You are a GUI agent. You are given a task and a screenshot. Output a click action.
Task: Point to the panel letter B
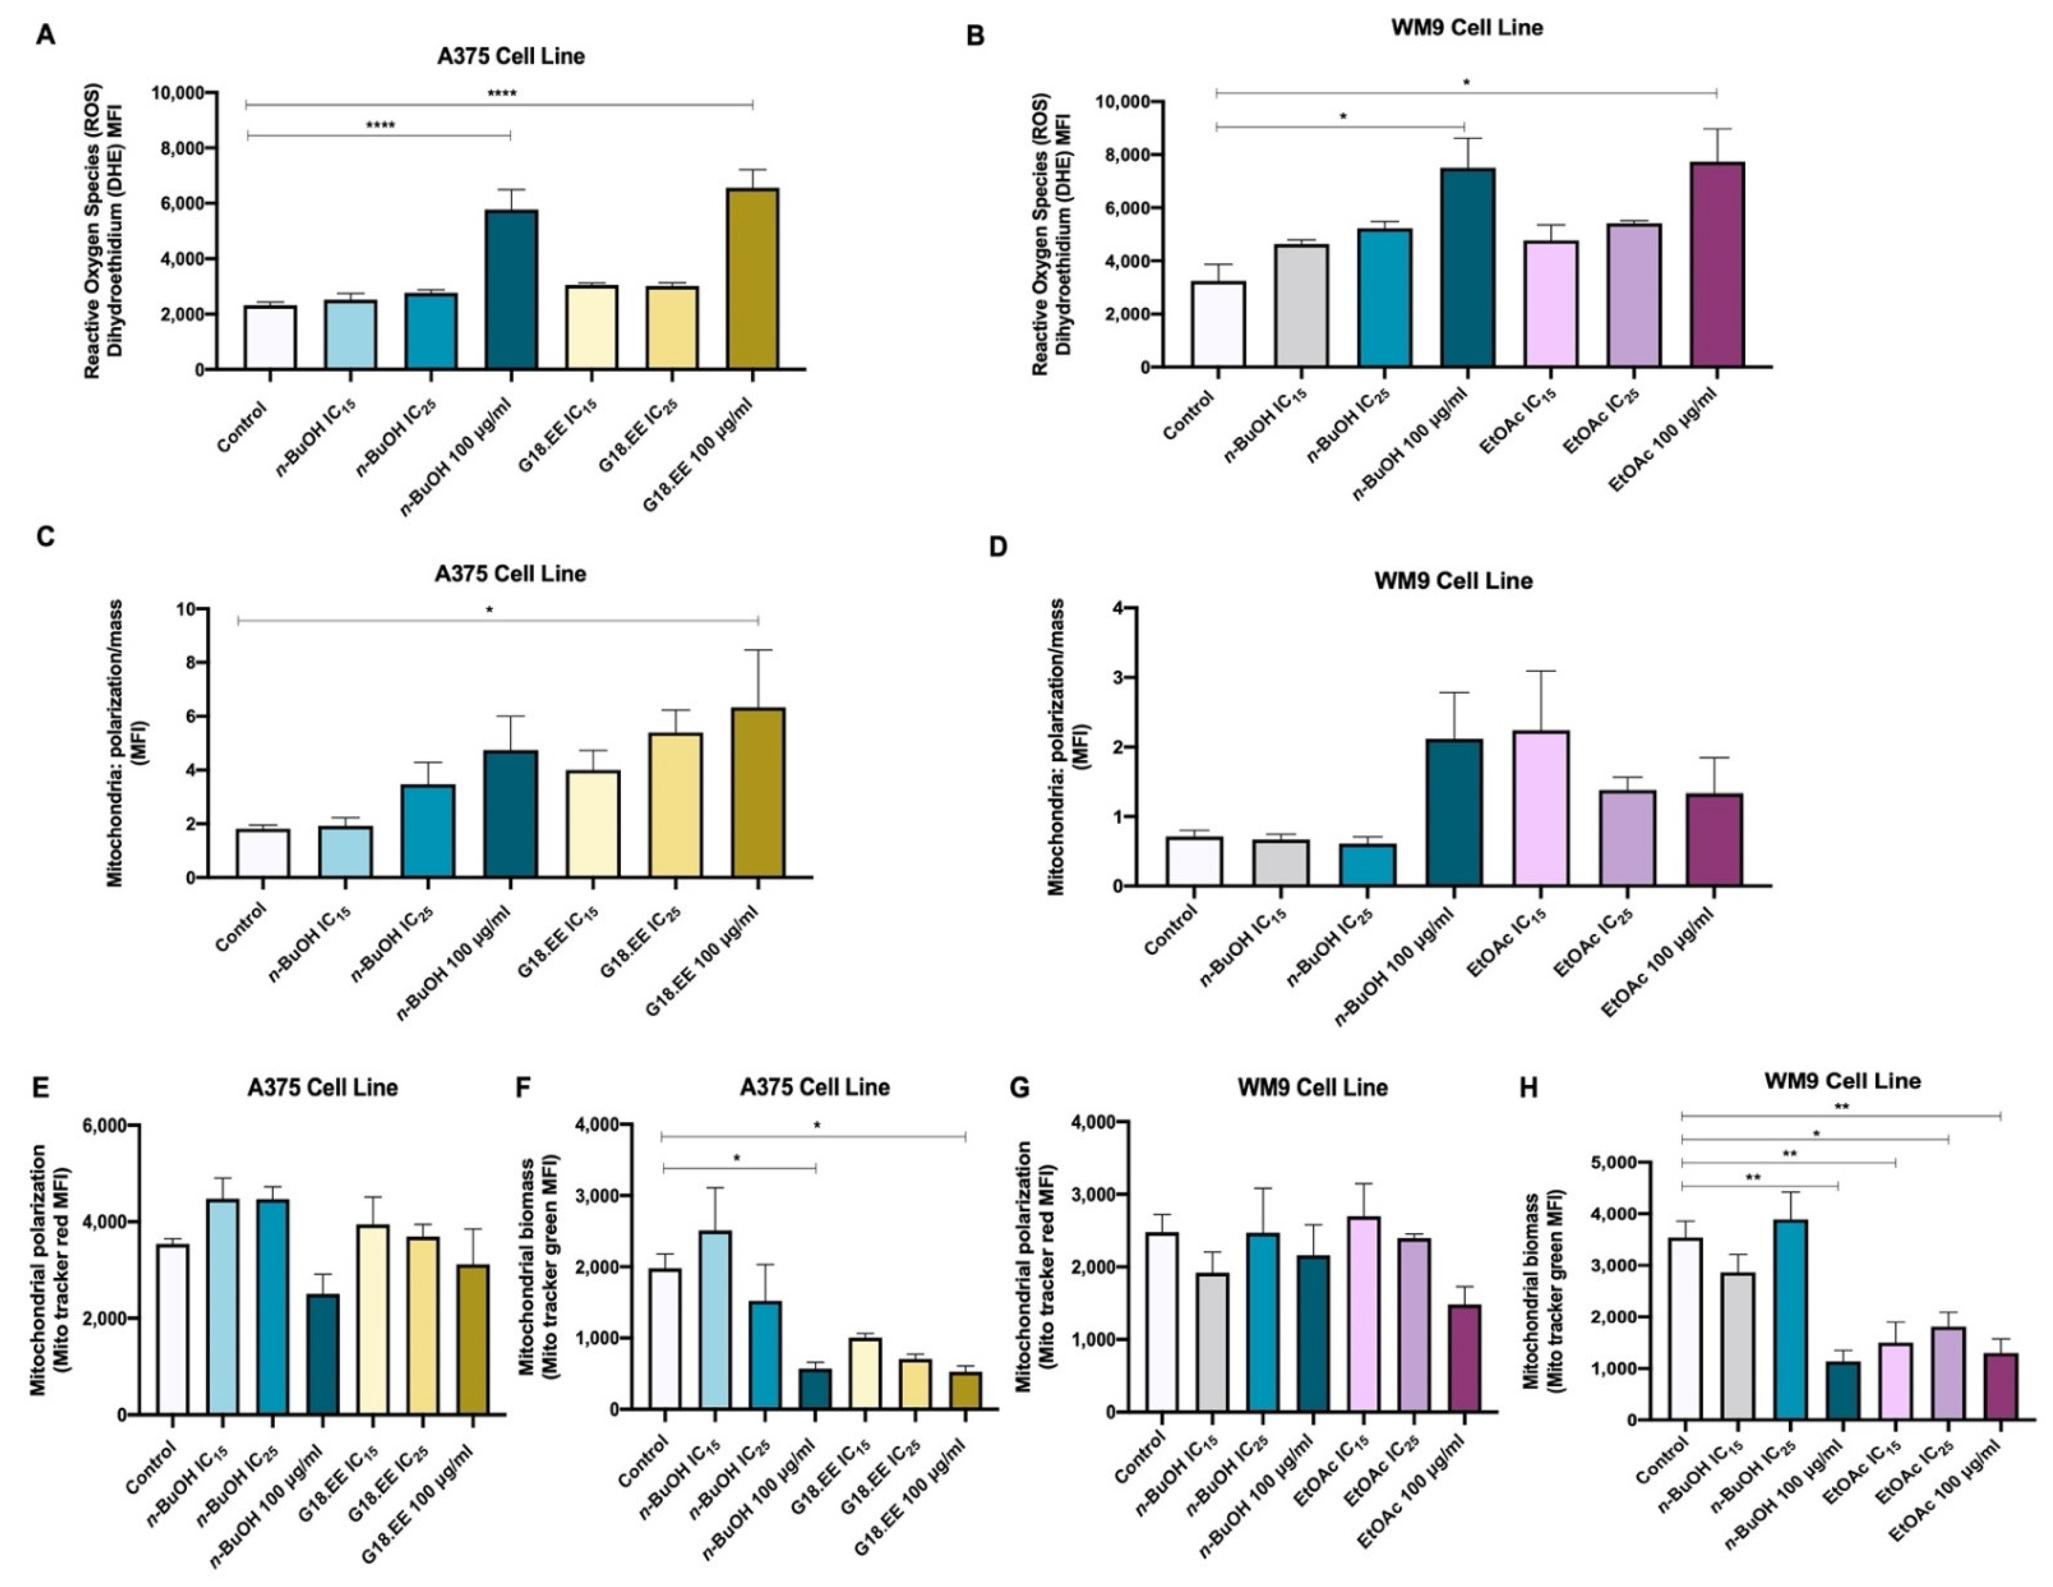(976, 37)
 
